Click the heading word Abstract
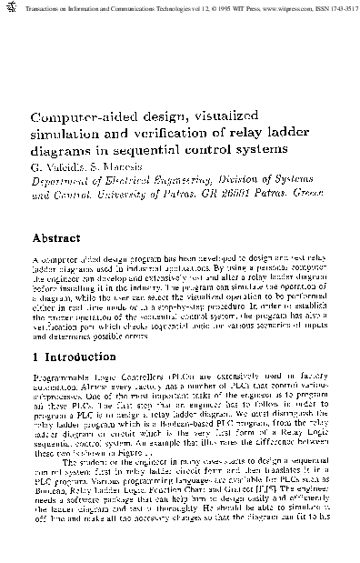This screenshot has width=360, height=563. (59, 238)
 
